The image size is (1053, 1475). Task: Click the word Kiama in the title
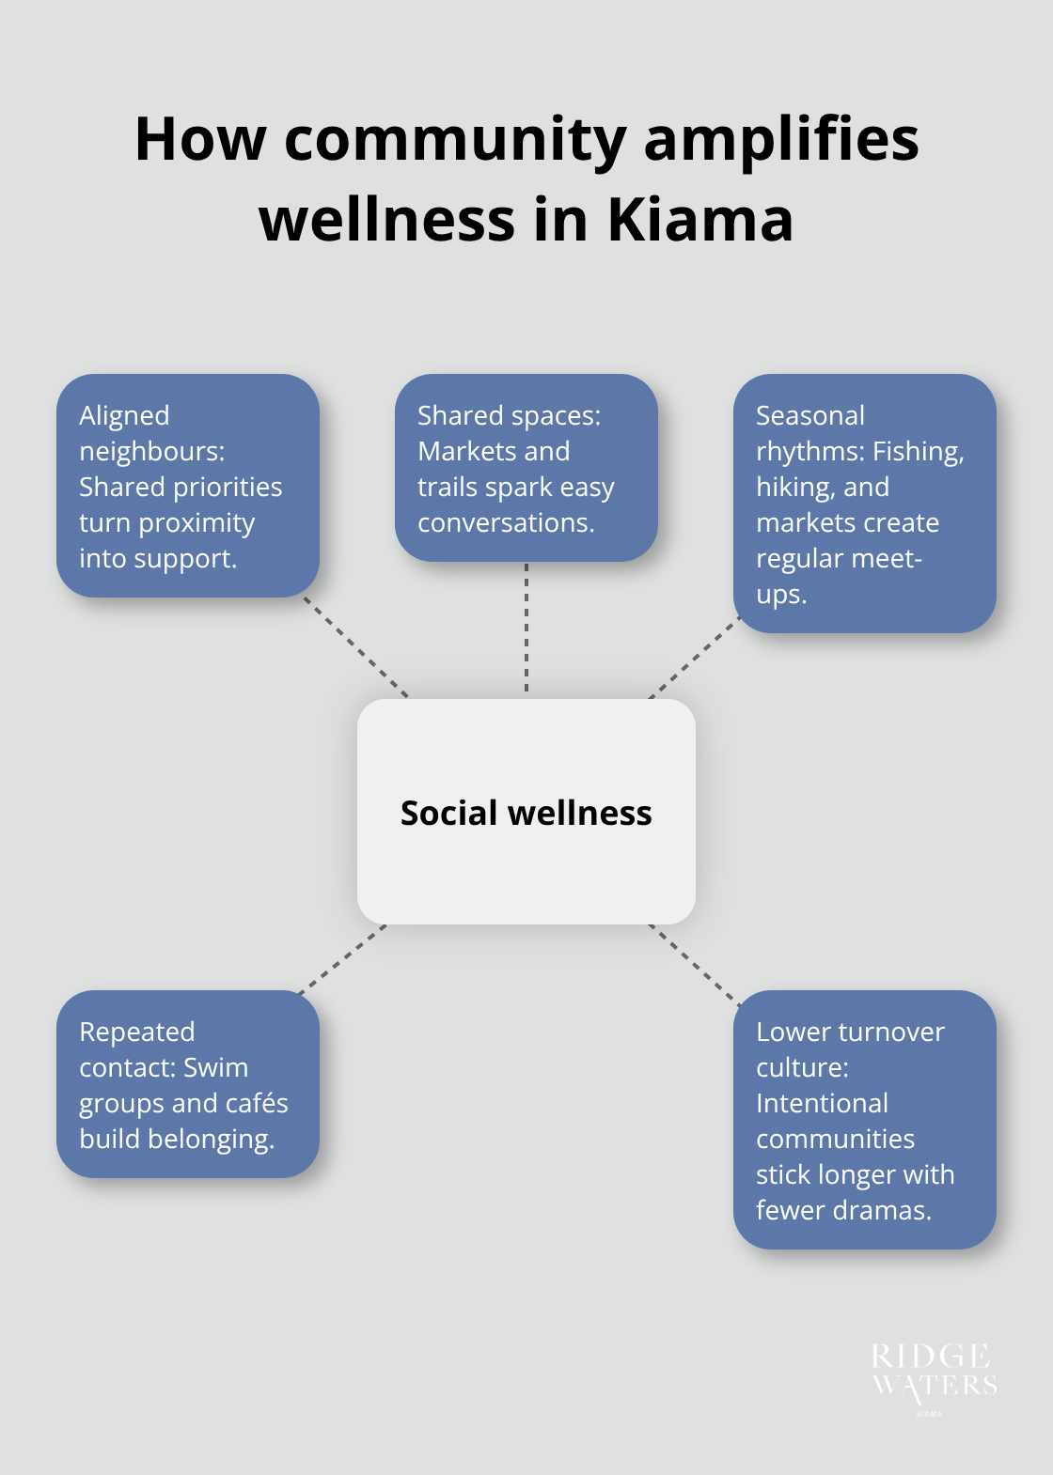pos(699,220)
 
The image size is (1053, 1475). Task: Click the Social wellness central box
pos(526,812)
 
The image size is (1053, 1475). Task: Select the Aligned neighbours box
pos(188,486)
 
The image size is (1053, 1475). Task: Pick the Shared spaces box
pos(526,468)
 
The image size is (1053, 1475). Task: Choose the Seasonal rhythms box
pos(864,504)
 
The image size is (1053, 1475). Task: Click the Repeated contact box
pos(188,1083)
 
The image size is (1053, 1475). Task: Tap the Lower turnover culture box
pos(864,1119)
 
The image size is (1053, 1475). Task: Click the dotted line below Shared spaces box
pos(526,629)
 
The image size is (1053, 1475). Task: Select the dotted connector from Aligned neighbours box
pos(355,646)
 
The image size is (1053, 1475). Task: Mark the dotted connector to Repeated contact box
pos(342,959)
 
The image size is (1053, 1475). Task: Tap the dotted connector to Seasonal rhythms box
pos(694,658)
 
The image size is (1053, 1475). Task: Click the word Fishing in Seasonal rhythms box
pos(918,452)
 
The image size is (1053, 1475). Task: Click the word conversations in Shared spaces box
pos(505,522)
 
